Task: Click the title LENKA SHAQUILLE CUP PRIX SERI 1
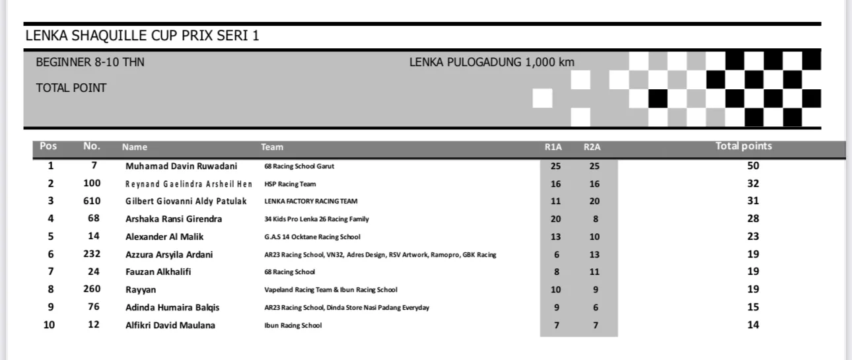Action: point(142,36)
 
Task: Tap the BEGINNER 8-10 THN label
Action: point(90,63)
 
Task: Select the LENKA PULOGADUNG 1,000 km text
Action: point(491,63)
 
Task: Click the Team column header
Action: point(272,147)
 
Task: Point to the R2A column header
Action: point(592,147)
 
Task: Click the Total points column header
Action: point(744,147)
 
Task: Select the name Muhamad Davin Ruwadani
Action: point(181,166)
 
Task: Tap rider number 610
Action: point(92,201)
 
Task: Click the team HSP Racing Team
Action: point(290,184)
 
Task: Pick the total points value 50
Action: point(753,166)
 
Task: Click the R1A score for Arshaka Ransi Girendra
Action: point(555,219)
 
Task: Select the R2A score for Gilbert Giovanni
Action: point(594,201)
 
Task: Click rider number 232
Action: point(92,254)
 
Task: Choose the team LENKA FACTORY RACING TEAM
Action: point(310,201)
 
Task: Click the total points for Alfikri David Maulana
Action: point(753,325)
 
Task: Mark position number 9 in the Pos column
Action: point(51,307)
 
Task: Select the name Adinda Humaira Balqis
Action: point(172,308)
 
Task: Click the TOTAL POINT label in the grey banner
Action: point(71,88)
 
